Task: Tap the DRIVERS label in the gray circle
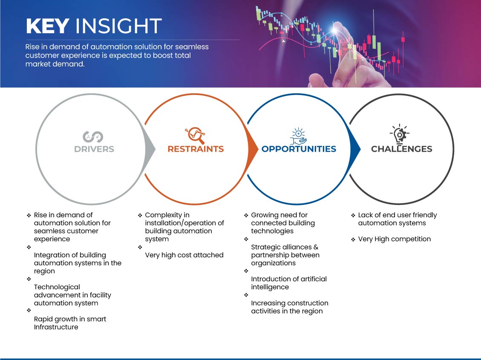[x=94, y=149]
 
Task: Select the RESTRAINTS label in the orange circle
[x=196, y=149]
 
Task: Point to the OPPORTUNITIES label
[x=299, y=149]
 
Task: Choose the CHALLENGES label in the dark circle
[x=402, y=149]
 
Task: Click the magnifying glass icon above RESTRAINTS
[x=195, y=135]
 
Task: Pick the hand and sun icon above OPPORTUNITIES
[x=299, y=136]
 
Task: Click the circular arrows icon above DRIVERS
[x=92, y=137]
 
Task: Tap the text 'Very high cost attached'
[x=184, y=255]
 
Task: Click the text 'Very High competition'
[x=395, y=239]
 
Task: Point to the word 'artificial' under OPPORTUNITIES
[x=312, y=279]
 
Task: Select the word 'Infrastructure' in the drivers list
[x=56, y=327]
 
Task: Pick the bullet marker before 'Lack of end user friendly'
[x=353, y=215]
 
